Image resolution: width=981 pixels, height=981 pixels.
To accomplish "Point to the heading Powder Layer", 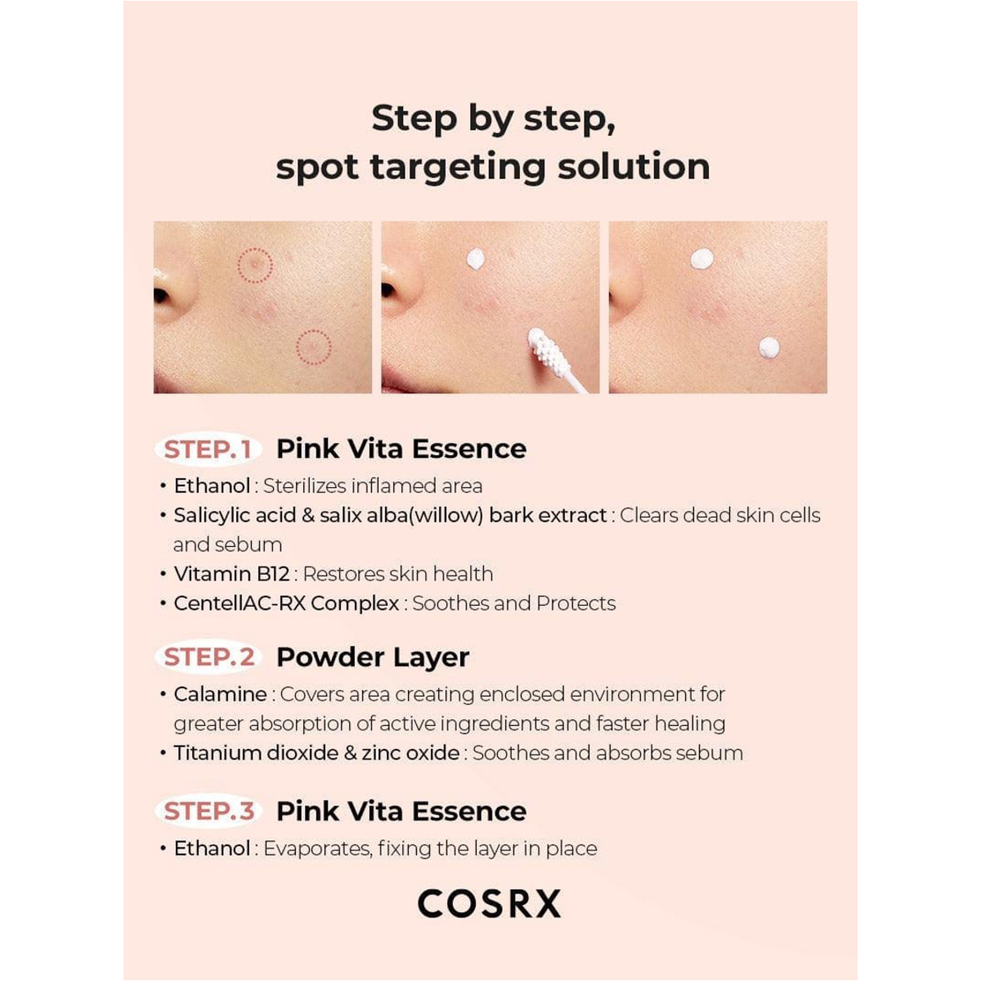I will coord(372,657).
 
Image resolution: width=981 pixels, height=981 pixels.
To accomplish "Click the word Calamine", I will coord(220,694).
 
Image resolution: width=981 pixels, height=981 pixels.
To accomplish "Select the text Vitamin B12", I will coord(231,574).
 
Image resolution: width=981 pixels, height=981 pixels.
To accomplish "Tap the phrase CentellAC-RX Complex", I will coord(286,603).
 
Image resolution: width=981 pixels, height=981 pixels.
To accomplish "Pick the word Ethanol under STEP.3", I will coord(212,848).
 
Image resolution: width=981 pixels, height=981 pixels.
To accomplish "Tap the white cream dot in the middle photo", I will coord(475,259).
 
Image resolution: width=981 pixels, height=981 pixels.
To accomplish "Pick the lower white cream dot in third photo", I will coord(769,347).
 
